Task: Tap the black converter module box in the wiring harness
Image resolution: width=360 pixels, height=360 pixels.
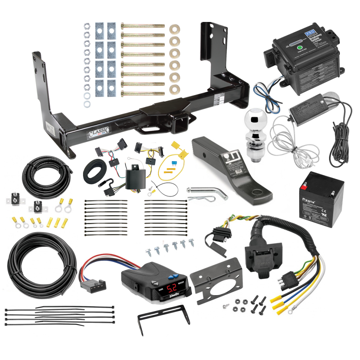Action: click(x=134, y=179)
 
